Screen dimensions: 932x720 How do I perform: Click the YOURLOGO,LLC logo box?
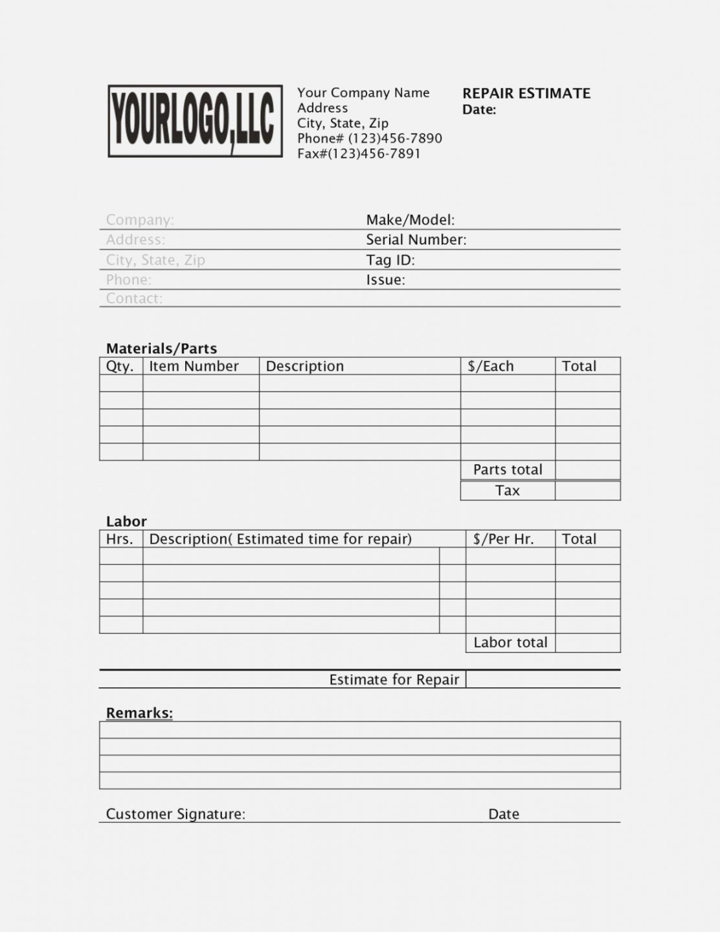195,121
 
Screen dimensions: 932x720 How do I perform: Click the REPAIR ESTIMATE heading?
526,93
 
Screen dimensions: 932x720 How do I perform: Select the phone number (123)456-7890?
369,139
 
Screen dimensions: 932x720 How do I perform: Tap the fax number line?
359,154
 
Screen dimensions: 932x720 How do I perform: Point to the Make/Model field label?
410,220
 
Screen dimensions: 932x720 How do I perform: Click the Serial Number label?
416,240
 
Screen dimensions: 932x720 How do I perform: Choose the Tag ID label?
390,260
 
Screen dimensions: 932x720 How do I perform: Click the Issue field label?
385,280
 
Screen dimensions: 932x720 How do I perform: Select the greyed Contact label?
134,298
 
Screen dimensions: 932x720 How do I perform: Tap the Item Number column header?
194,366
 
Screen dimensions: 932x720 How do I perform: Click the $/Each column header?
490,366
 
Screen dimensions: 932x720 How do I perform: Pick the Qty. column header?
120,366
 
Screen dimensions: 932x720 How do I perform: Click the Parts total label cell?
508,470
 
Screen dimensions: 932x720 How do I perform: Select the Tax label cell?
508,491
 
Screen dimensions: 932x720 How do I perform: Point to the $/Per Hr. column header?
503,539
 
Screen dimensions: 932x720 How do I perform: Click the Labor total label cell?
510,643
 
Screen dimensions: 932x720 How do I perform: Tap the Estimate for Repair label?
394,680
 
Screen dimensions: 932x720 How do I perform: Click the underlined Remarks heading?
139,713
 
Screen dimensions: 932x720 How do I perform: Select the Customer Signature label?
175,814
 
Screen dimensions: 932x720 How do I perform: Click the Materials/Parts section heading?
161,349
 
